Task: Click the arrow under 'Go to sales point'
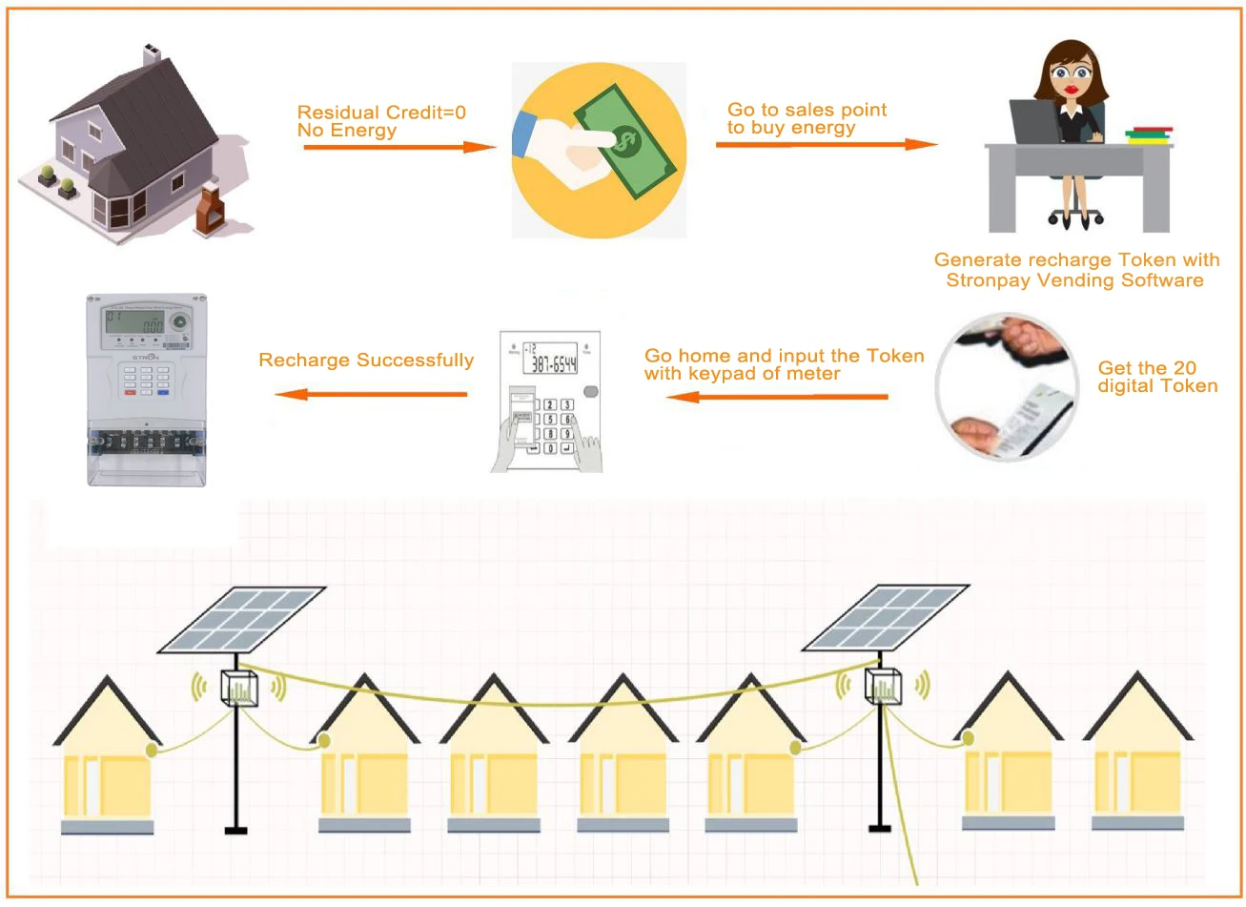pyautogui.click(x=826, y=144)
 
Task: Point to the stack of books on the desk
pyautogui.click(x=1149, y=136)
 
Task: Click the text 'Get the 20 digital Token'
pyautogui.click(x=1157, y=377)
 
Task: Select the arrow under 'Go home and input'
pyautogui.click(x=776, y=396)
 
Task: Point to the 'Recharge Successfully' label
pyautogui.click(x=366, y=361)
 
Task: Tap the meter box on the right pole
pyautogui.click(x=883, y=686)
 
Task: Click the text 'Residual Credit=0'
pyautogui.click(x=381, y=113)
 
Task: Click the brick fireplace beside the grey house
pyautogui.click(x=208, y=211)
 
